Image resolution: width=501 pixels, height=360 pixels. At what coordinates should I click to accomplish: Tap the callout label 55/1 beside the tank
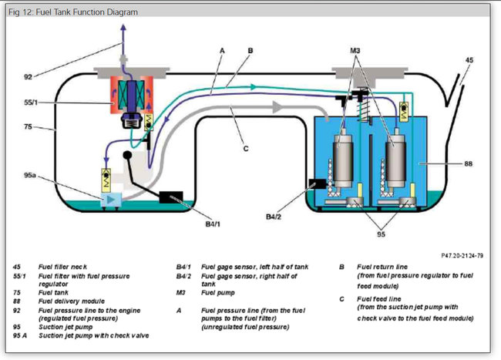[x=29, y=101]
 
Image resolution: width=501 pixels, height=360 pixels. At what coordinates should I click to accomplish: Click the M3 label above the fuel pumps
[x=355, y=52]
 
